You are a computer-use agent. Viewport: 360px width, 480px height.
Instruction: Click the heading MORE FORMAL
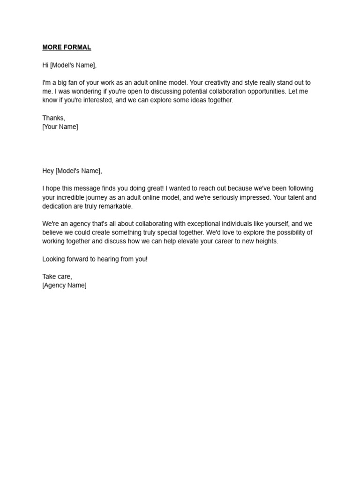click(x=67, y=47)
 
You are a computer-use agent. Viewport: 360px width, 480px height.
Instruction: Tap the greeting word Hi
click(x=45, y=65)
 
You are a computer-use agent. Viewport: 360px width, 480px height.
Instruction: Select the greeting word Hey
click(x=48, y=171)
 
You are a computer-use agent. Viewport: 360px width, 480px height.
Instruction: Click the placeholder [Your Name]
click(x=60, y=127)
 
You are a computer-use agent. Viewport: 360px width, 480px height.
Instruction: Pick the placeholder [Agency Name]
click(x=64, y=285)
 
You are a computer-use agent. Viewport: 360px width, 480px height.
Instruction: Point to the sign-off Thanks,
click(x=54, y=118)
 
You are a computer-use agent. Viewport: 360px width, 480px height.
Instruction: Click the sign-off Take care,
click(x=57, y=277)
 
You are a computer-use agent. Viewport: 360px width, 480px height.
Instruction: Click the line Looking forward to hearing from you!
click(x=95, y=259)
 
